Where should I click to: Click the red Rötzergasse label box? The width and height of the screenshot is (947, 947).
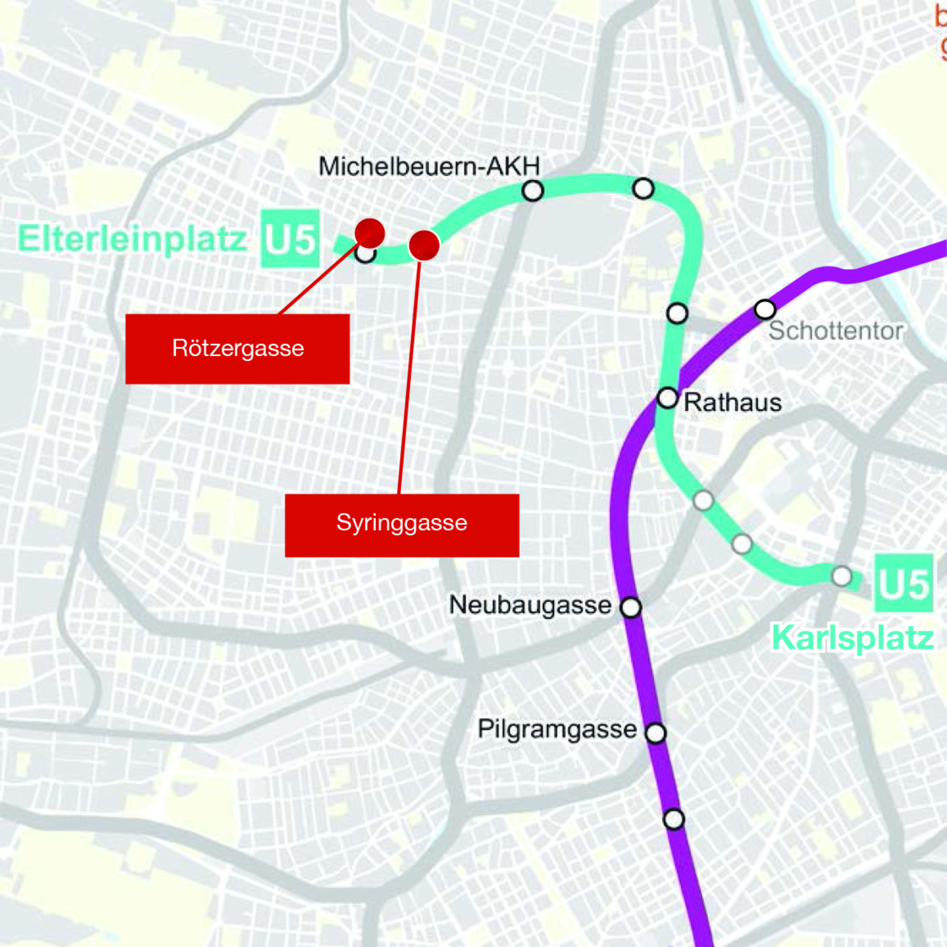click(237, 349)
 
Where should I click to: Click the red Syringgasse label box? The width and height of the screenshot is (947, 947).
click(402, 525)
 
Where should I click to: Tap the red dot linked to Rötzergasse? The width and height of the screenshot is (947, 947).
click(369, 233)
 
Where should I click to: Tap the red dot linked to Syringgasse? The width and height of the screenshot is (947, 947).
click(424, 245)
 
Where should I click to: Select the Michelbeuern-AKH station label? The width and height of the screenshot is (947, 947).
click(429, 166)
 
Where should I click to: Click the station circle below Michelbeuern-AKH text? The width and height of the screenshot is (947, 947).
click(533, 191)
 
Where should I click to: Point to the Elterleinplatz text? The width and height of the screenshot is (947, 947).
click(132, 239)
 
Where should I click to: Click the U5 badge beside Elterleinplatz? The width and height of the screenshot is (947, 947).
click(289, 239)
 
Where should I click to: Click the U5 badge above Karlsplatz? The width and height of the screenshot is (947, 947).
click(904, 583)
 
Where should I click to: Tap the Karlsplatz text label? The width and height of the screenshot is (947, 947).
click(852, 638)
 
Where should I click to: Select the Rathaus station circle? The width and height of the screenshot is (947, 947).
click(668, 398)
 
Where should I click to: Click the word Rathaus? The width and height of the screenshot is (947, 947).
click(732, 403)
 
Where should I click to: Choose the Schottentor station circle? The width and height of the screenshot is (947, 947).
click(765, 309)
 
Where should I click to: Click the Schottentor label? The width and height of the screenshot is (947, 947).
click(836, 331)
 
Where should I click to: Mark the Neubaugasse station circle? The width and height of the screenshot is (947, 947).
click(630, 607)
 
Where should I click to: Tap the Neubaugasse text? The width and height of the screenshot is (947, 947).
click(530, 605)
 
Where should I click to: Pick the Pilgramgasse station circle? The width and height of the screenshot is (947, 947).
click(656, 733)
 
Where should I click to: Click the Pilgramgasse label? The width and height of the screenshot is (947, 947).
click(557, 729)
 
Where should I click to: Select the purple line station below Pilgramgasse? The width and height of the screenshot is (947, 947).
click(673, 819)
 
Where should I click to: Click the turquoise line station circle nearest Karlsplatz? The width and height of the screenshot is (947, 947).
click(842, 576)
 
